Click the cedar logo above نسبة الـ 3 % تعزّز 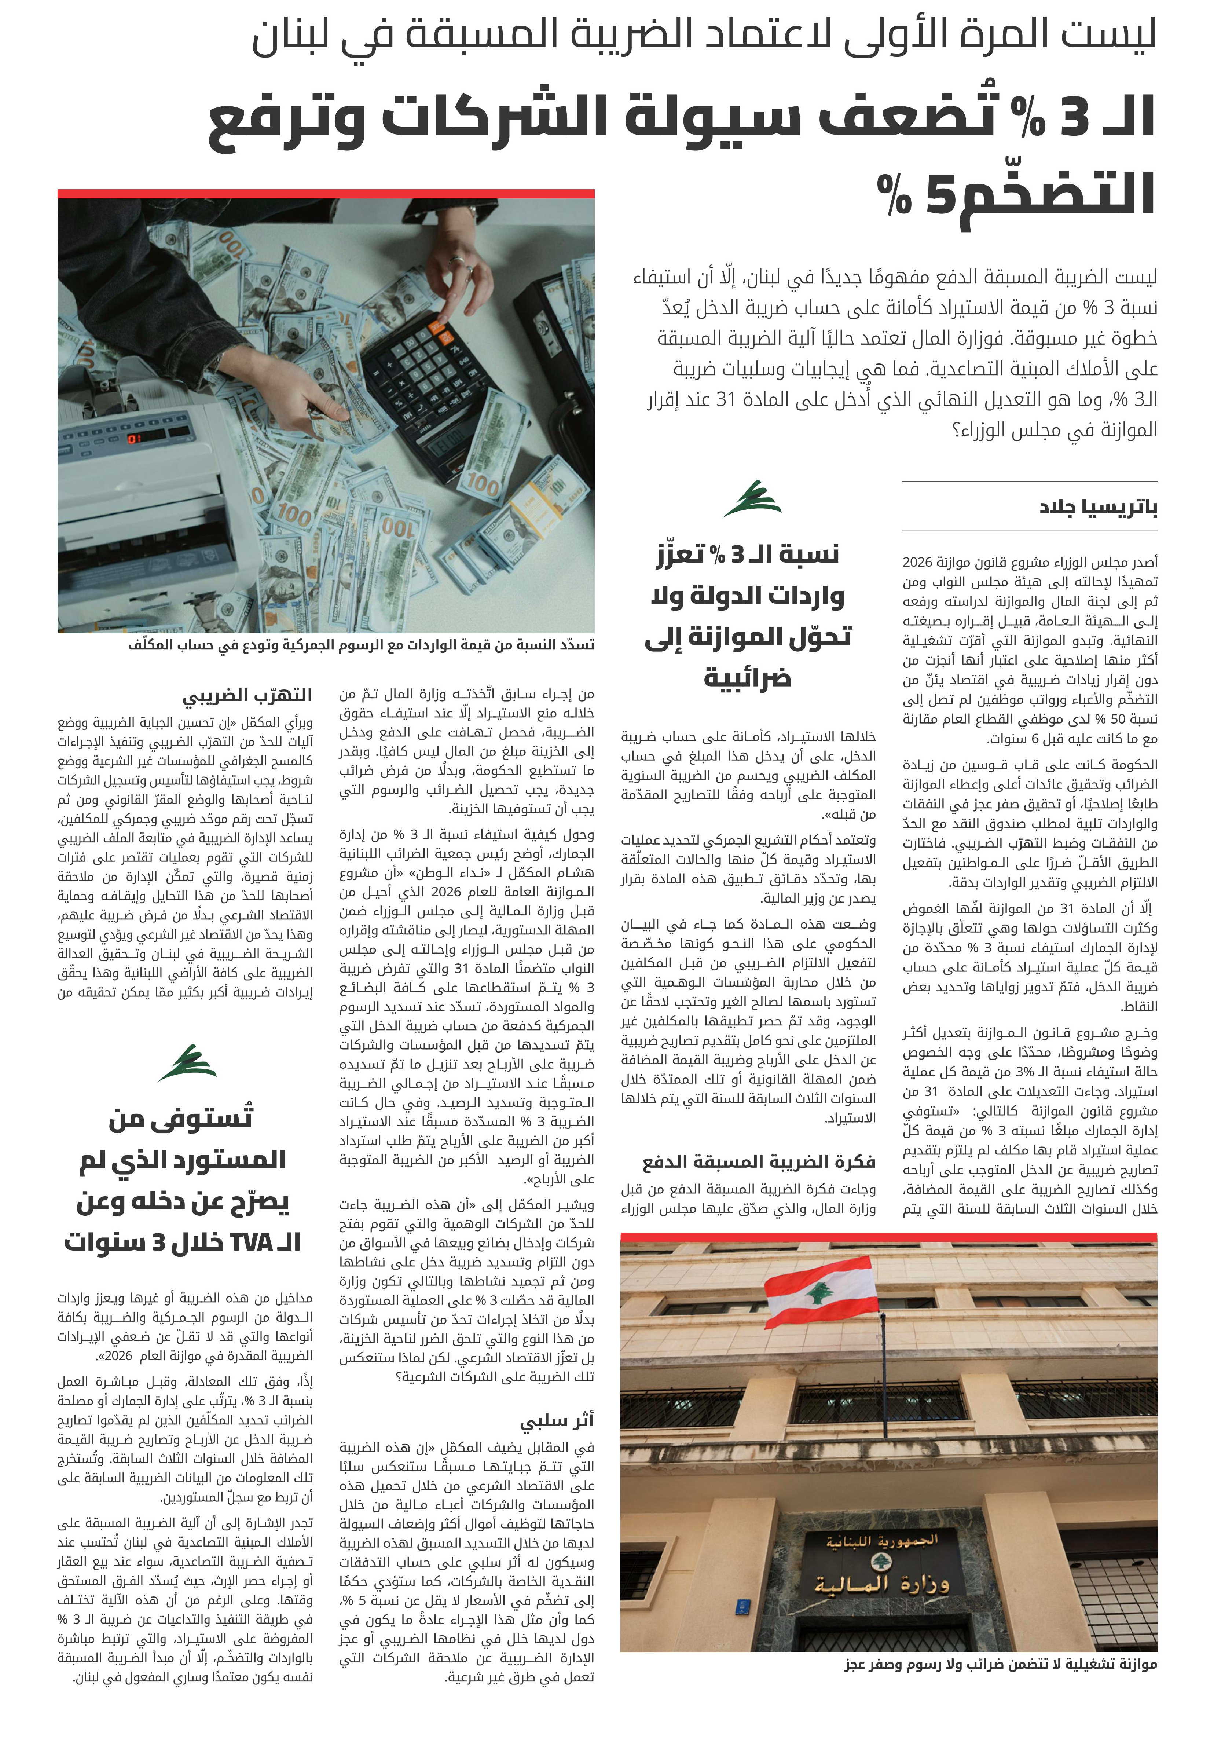point(752,499)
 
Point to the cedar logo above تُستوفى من point(187,1062)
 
